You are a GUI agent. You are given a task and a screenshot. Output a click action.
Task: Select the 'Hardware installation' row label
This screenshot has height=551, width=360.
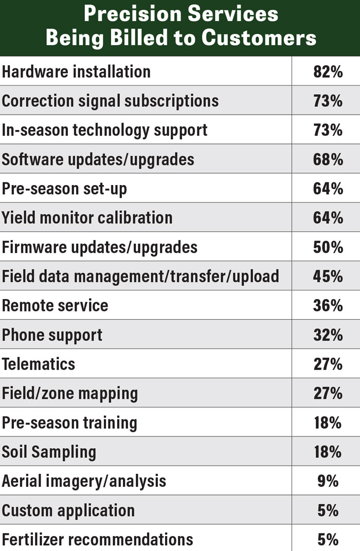coord(76,71)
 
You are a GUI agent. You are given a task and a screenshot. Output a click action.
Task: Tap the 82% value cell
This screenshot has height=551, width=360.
coord(328,71)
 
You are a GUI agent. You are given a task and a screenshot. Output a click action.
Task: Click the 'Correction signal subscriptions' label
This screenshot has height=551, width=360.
coord(110,101)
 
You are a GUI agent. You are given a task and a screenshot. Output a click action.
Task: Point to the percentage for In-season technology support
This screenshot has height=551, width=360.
coord(328,130)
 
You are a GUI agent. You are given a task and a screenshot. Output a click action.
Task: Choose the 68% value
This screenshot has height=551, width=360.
coord(328,159)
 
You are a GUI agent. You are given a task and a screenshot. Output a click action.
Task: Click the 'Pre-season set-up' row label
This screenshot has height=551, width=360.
coord(64,189)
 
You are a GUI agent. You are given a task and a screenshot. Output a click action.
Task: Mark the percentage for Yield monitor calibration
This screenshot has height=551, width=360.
coord(328,218)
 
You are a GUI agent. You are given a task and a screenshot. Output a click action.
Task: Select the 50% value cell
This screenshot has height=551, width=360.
coord(328,247)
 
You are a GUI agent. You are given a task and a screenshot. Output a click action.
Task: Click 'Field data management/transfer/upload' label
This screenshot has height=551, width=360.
coord(140,277)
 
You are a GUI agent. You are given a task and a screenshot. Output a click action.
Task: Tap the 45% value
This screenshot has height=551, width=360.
coord(328,277)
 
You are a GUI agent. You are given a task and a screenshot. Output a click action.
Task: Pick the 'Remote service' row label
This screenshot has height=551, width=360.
coord(55,305)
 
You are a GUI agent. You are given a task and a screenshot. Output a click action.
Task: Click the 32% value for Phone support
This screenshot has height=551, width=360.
coord(328,335)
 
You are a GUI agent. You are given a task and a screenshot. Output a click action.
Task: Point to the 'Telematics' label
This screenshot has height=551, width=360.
coord(39,364)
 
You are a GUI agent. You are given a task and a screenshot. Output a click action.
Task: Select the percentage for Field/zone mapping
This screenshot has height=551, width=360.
coord(328,393)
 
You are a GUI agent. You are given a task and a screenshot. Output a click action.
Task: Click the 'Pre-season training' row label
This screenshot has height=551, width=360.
coord(69,423)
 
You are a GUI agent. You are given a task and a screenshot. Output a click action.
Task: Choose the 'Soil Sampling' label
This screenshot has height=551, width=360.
coord(49,452)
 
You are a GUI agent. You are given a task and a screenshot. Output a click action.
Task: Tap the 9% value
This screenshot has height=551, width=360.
coord(328,481)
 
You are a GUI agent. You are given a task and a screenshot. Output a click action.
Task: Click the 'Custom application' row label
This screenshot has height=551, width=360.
coord(68,510)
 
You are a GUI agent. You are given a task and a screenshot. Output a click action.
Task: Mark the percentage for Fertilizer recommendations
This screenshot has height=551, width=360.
coord(328,540)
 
